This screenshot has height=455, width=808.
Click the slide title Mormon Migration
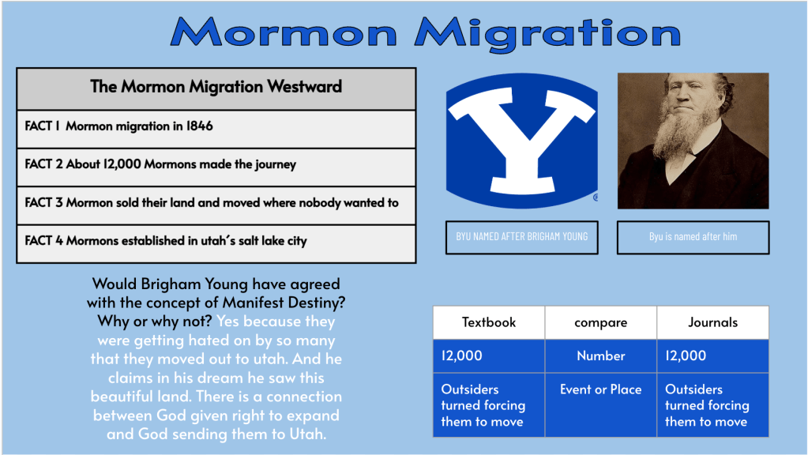coord(426,33)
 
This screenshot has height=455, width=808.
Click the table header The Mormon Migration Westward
coord(216,87)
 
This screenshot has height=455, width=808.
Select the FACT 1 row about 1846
coord(216,129)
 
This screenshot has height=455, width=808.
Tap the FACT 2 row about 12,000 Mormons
coord(216,167)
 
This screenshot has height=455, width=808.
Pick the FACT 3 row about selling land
coord(216,205)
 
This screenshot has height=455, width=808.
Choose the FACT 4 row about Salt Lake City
coord(216,243)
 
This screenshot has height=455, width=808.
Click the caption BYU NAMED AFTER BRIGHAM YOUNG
coord(521,236)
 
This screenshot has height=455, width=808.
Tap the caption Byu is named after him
coord(693,236)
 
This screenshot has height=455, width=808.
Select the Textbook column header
coord(488,322)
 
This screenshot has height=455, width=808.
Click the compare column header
coord(601,322)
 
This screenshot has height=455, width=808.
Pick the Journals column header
coord(712,322)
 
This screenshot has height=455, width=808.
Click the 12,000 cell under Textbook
coord(488,356)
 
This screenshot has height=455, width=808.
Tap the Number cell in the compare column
coord(601,356)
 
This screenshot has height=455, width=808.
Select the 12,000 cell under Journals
coord(712,356)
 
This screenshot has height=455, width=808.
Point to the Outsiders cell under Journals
coord(712,405)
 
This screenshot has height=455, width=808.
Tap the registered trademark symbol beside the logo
coord(596,197)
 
